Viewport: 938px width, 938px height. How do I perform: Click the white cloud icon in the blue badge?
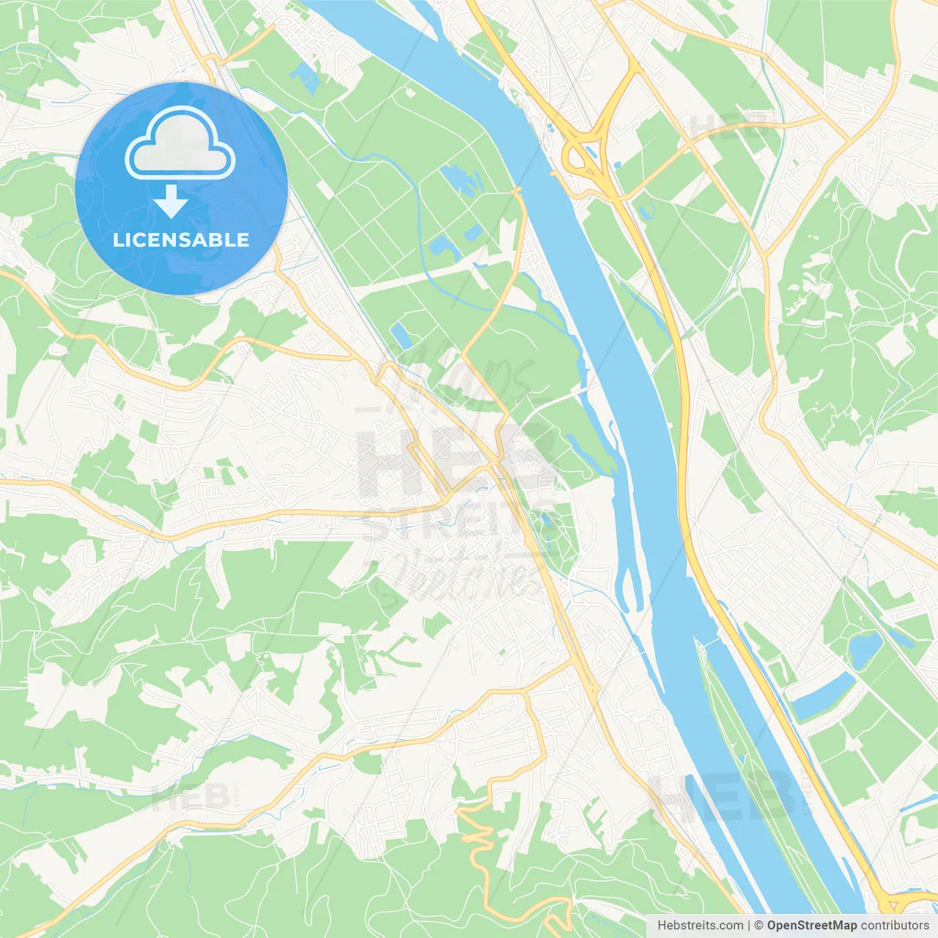coord(180,143)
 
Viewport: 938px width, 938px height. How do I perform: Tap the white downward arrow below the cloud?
coord(171,202)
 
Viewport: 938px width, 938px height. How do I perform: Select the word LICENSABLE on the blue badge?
coord(181,240)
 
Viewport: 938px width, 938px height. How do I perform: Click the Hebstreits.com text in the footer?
coord(701,926)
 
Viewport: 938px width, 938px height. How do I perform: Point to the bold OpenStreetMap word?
coord(812,926)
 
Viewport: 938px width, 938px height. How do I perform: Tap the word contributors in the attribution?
coord(895,926)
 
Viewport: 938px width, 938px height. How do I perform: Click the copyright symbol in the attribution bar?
coord(759,926)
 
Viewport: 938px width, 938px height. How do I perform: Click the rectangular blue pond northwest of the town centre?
coord(400,335)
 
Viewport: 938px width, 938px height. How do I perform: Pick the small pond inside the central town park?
coord(545,522)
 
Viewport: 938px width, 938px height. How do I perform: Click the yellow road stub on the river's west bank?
coord(516,192)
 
